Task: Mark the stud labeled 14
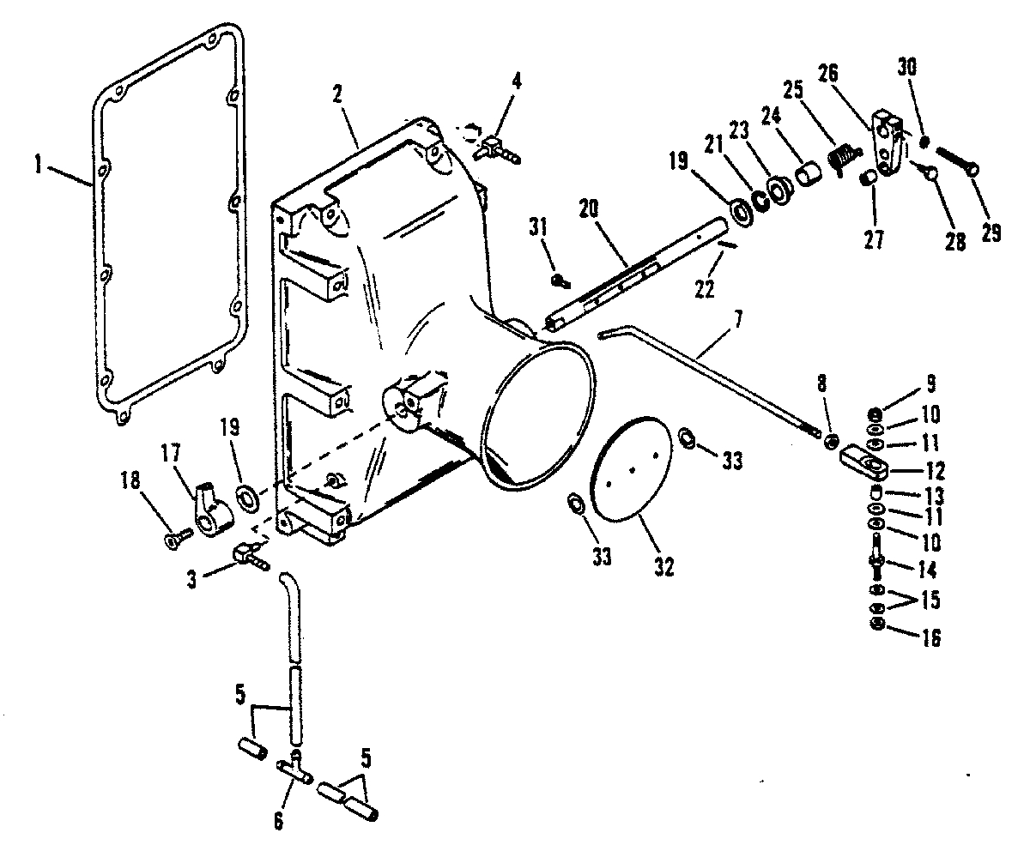pos(877,554)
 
